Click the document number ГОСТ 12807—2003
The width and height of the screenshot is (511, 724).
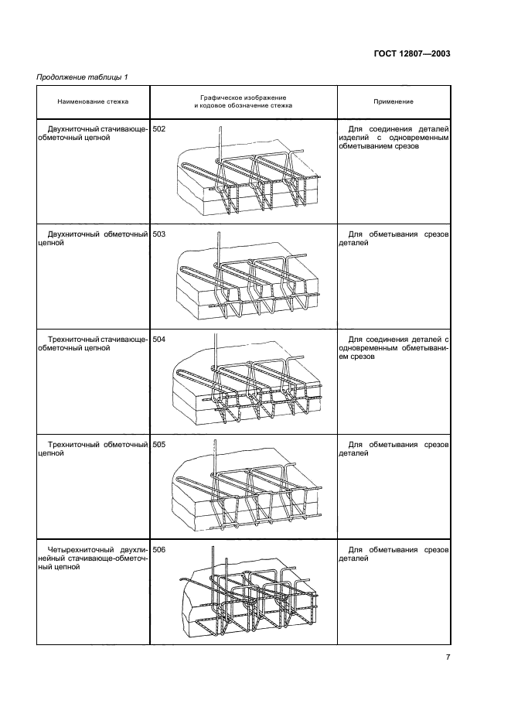tap(412, 53)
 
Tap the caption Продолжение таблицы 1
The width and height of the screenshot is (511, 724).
tap(82, 77)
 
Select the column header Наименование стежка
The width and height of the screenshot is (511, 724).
tap(93, 101)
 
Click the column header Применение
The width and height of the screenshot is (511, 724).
tap(393, 101)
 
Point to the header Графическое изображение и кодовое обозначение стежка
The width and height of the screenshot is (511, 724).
tap(244, 101)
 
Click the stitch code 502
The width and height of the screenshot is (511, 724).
tap(158, 129)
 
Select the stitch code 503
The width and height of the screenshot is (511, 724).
tap(158, 234)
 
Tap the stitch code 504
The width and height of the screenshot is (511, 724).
tap(158, 340)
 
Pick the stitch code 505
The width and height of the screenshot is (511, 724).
tap(158, 445)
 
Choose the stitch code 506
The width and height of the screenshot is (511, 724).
tap(158, 550)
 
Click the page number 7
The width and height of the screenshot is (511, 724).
tap(448, 657)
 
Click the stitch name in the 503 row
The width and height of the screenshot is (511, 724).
tap(92, 239)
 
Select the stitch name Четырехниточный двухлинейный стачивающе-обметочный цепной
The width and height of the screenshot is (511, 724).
tap(92, 558)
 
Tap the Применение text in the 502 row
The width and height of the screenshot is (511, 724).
tap(393, 138)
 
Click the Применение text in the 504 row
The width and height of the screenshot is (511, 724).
tap(393, 348)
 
